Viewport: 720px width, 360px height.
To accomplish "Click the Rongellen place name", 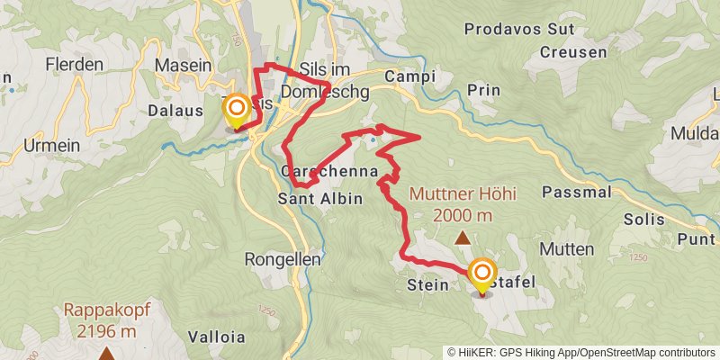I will tap(278, 259).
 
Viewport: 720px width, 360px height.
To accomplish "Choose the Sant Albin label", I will tap(320, 198).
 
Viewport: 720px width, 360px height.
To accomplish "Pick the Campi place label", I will tap(409, 76).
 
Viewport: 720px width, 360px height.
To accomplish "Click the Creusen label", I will tap(573, 52).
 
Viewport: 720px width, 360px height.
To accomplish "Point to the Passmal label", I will tap(578, 192).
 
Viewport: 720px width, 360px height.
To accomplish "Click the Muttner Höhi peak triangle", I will tap(463, 238).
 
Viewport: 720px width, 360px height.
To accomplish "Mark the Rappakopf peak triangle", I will tap(106, 354).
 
